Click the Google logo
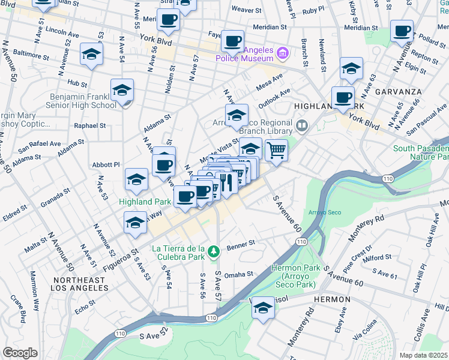coord(20,352)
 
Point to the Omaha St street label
coord(240,274)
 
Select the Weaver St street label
coord(246,10)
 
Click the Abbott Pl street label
coord(106,164)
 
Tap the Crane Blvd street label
coord(15,306)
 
